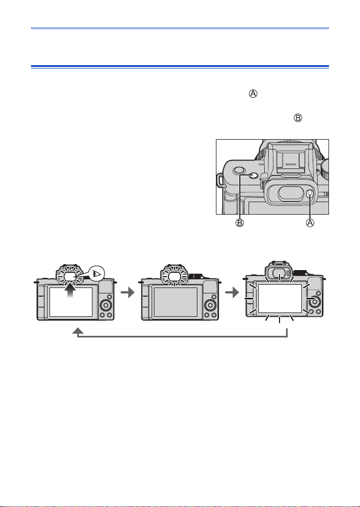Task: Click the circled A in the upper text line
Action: tap(253, 94)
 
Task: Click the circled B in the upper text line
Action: tap(297, 118)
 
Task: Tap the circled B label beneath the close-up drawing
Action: tap(239, 223)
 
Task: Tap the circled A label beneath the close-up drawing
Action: tap(310, 223)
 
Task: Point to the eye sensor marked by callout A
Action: tap(309, 195)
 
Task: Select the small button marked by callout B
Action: tap(254, 176)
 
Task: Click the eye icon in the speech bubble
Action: tap(97, 274)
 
